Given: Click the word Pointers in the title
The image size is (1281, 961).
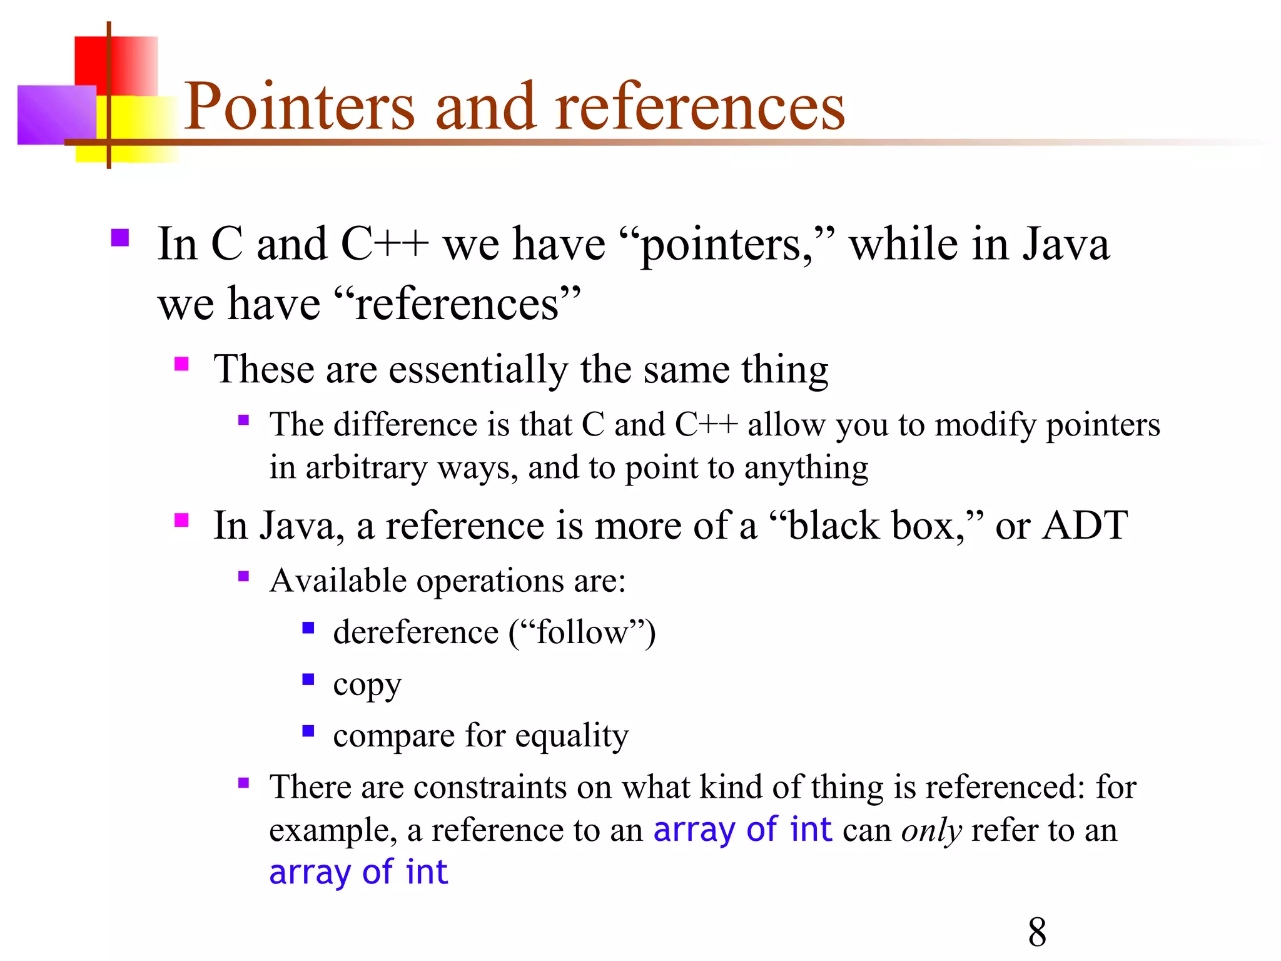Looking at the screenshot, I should coord(299,108).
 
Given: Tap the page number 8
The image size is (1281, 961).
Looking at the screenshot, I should coord(1037,932).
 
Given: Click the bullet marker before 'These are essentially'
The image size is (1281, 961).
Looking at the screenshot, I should coord(181,364).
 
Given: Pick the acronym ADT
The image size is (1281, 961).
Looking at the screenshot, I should coord(1085,526).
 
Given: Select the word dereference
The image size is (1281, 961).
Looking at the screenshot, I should coord(415,632).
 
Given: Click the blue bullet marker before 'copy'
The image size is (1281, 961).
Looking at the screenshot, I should coord(308,679).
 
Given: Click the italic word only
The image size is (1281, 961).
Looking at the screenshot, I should coord(931,831).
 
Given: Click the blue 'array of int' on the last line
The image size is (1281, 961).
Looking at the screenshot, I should coord(358,872).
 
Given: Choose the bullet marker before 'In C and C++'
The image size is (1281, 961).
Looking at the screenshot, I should coord(119,238).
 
